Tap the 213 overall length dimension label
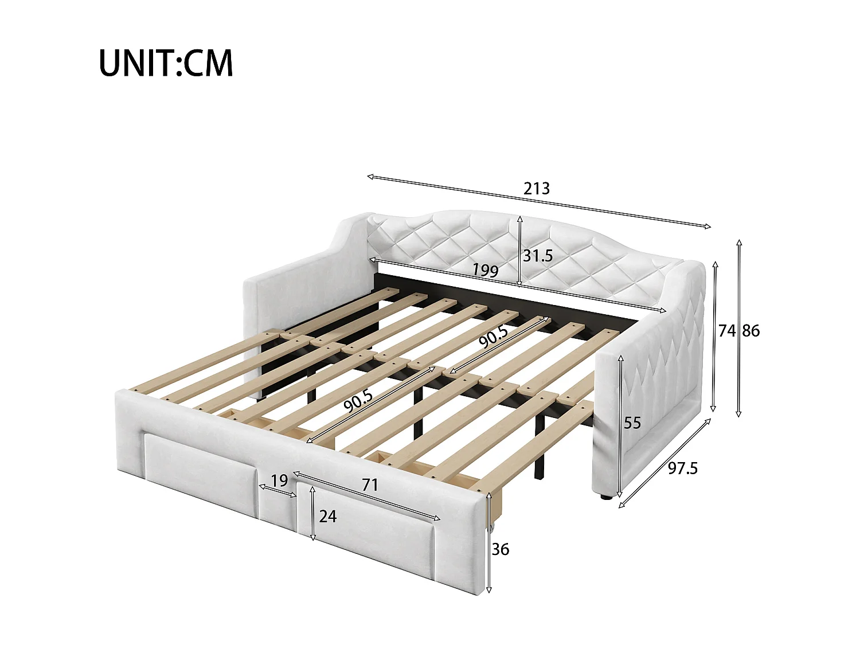537,188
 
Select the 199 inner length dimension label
485,269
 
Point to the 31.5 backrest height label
538,256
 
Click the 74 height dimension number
727,330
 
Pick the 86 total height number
751,330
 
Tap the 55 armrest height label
632,423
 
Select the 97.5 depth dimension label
683,468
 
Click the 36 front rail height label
500,549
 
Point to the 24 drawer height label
328,516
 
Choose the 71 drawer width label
370,485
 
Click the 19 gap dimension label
279,480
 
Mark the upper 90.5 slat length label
494,337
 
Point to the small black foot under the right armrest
604,497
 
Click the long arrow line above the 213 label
539,202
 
